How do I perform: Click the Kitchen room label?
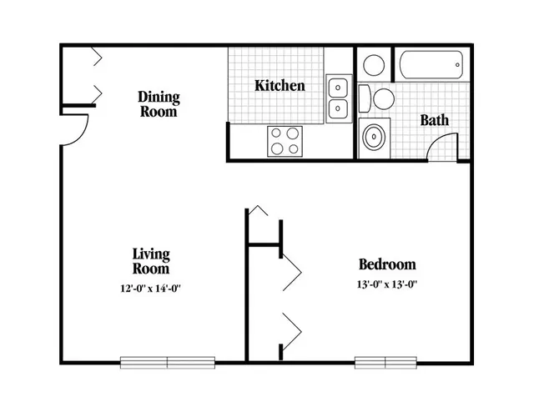(x=280, y=85)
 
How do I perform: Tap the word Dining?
(x=159, y=98)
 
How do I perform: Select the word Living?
(x=151, y=254)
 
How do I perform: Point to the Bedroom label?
(x=387, y=264)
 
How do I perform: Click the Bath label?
(x=434, y=120)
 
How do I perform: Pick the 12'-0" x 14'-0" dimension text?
(x=150, y=289)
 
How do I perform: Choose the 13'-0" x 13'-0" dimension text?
(x=387, y=284)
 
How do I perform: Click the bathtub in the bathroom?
(x=431, y=65)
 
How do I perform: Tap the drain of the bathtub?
(x=457, y=65)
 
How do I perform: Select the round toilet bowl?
(x=384, y=99)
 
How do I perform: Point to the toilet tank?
(x=365, y=98)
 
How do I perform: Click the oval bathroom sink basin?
(x=375, y=137)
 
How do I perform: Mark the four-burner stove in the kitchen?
(x=285, y=141)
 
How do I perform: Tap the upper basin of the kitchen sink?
(x=338, y=88)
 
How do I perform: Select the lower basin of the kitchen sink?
(x=338, y=108)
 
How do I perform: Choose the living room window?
(x=168, y=363)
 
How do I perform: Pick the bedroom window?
(x=385, y=363)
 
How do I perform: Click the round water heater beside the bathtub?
(x=374, y=65)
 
